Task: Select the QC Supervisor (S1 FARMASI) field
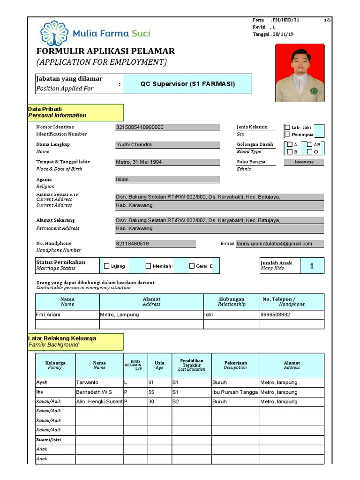(187, 84)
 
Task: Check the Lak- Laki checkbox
(287, 127)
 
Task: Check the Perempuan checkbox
(287, 135)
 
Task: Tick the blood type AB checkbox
(309, 145)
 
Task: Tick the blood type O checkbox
(309, 152)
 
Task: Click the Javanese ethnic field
(304, 162)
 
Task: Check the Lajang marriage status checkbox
(106, 266)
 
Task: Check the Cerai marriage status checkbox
(192, 266)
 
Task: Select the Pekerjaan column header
(235, 365)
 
